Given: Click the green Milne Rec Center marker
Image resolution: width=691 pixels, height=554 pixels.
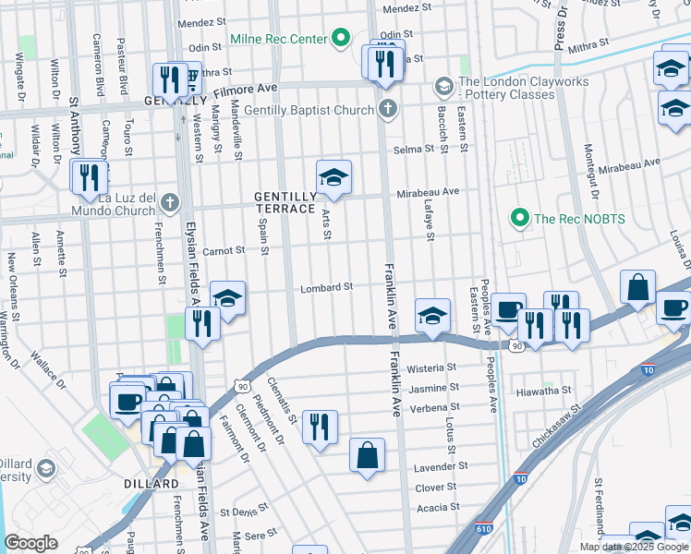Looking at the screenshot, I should pyautogui.click(x=340, y=39).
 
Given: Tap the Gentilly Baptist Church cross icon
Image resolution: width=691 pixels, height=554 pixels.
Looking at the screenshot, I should pyautogui.click(x=388, y=110).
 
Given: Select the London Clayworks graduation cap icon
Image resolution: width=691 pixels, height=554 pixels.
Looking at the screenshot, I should pyautogui.click(x=443, y=87).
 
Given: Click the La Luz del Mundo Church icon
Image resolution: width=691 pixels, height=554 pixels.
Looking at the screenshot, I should pyautogui.click(x=169, y=202).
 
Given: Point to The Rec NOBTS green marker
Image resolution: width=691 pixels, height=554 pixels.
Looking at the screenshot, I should pyautogui.click(x=518, y=219).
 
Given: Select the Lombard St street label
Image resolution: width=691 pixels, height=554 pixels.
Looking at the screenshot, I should pyautogui.click(x=327, y=288).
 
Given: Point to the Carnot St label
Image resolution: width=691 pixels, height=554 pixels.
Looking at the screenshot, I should pyautogui.click(x=224, y=250).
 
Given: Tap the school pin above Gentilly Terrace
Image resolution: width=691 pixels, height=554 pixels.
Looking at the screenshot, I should pyautogui.click(x=333, y=176).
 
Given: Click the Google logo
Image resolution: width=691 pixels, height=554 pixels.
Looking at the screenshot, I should pyautogui.click(x=31, y=543).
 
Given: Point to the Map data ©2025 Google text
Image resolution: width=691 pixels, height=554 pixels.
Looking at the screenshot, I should pyautogui.click(x=633, y=547).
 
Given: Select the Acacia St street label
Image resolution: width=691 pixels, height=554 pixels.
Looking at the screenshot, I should pyautogui.click(x=439, y=508).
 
